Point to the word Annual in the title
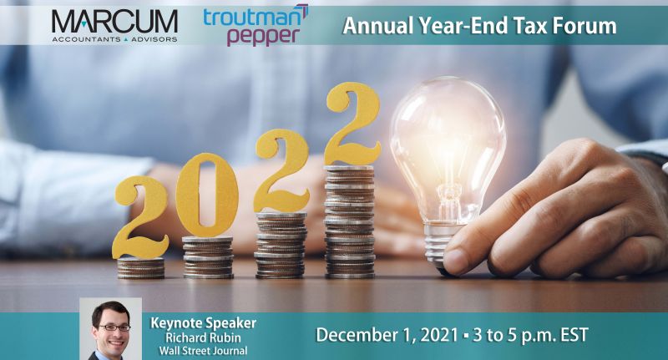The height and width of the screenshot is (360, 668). point(373,26)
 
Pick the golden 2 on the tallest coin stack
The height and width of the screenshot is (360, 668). point(352,124)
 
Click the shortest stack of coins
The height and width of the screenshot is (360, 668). point(140,267)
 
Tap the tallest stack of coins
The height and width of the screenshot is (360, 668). point(350,221)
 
